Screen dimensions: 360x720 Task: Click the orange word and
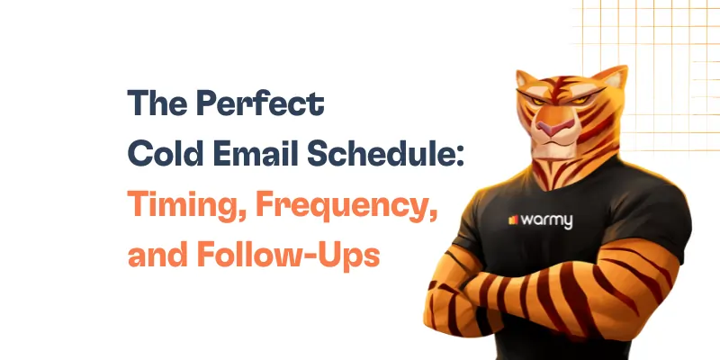click(x=156, y=250)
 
